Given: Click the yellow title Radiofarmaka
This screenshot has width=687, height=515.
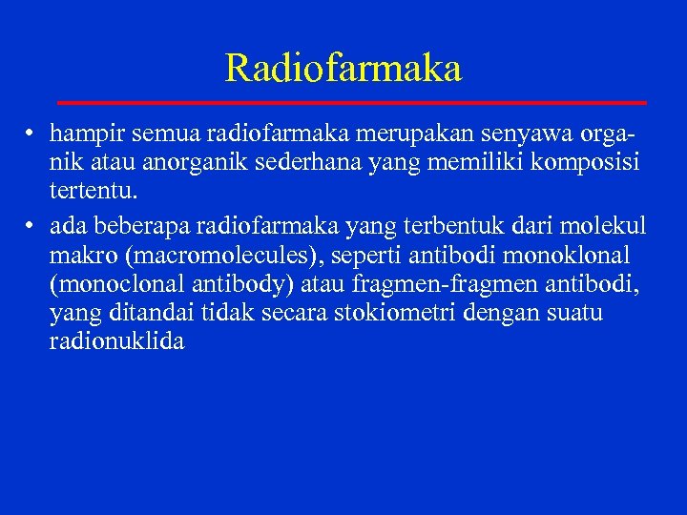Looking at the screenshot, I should coord(343,68).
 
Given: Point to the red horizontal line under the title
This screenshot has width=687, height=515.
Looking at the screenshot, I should coord(352,101).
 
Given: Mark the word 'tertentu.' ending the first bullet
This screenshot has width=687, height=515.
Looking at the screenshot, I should coord(94,191).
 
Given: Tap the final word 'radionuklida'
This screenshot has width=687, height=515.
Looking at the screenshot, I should coord(116,341).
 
